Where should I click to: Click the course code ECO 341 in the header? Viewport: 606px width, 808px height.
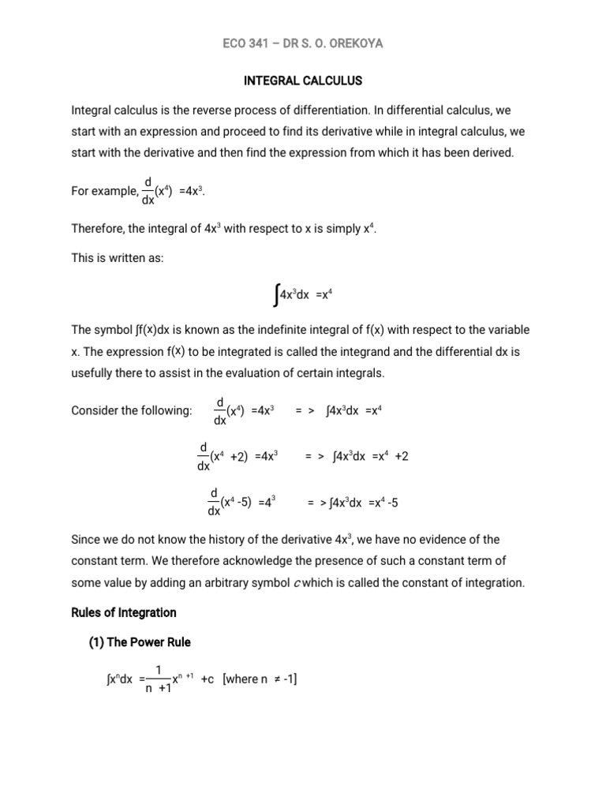pyautogui.click(x=247, y=43)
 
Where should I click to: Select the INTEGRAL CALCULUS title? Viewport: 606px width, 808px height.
pyautogui.click(x=302, y=80)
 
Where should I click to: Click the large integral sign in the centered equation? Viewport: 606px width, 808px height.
pyautogui.click(x=273, y=296)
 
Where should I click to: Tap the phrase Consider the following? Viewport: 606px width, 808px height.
pyautogui.click(x=132, y=411)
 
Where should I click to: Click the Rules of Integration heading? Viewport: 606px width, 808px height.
pyautogui.click(x=124, y=612)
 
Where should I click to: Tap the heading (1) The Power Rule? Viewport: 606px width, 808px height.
pyautogui.click(x=139, y=642)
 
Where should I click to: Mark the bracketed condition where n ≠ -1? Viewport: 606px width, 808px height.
pyautogui.click(x=260, y=680)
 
